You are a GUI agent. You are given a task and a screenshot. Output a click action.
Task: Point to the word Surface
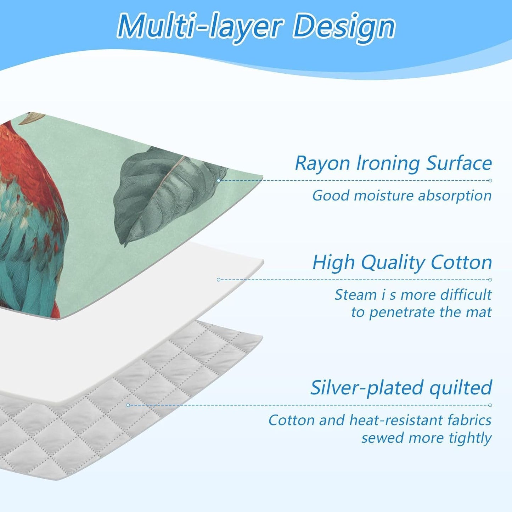459,163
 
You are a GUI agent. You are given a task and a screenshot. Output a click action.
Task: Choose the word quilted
461,388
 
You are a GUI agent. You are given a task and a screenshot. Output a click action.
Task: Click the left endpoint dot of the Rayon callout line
219,181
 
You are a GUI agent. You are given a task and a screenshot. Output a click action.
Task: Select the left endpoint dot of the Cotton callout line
218,280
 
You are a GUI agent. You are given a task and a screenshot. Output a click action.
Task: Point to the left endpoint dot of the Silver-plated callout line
128,405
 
